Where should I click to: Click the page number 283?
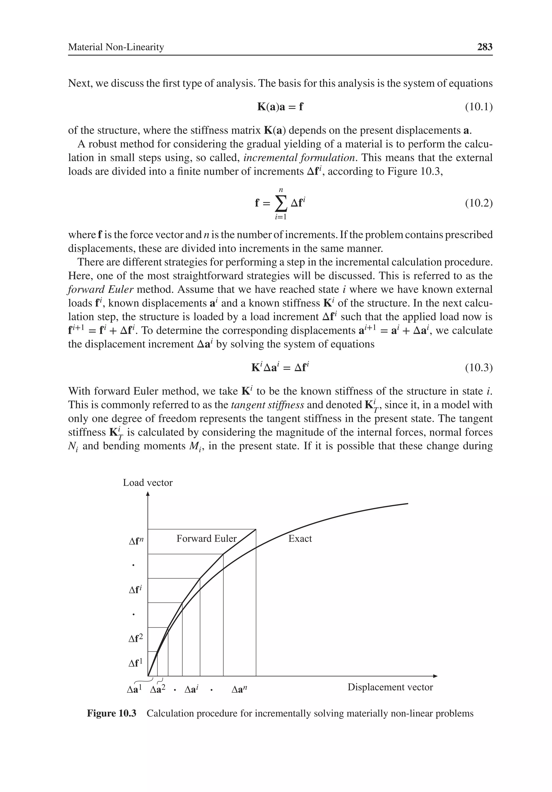click(485, 47)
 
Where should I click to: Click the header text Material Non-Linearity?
click(116, 47)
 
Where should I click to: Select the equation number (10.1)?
click(478, 107)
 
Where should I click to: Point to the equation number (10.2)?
click(478, 203)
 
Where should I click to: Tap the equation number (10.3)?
click(478, 368)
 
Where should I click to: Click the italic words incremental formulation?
click(299, 158)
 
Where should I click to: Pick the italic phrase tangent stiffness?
click(267, 405)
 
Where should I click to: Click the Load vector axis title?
click(148, 482)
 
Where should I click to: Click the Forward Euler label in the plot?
click(206, 539)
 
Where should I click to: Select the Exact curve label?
click(300, 539)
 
